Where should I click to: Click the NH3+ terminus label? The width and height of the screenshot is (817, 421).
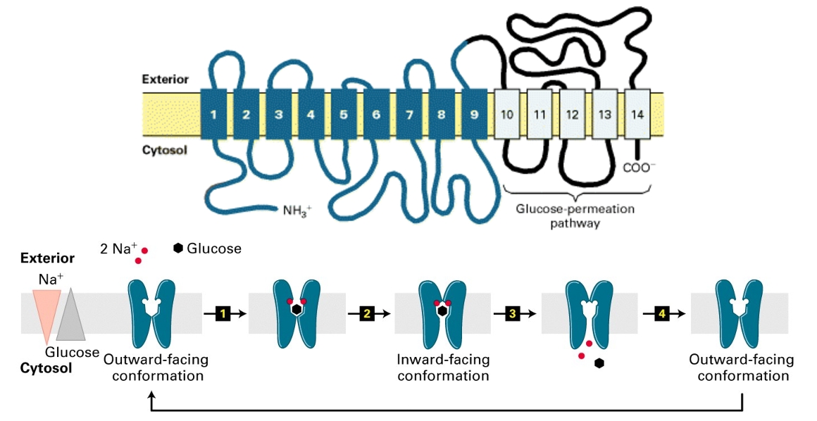pyautogui.click(x=297, y=210)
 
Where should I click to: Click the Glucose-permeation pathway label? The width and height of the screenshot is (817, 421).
pyautogui.click(x=575, y=215)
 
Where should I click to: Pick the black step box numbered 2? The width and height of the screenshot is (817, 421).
pyautogui.click(x=366, y=314)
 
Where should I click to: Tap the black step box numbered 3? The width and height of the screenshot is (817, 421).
pyautogui.click(x=512, y=314)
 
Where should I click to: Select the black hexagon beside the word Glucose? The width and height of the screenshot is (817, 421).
pyautogui.click(x=178, y=249)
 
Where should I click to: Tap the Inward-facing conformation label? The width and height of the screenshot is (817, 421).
pyautogui.click(x=443, y=367)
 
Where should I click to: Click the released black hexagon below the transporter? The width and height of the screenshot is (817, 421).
pyautogui.click(x=599, y=363)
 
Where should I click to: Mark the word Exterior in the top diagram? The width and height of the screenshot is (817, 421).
pyautogui.click(x=166, y=80)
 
